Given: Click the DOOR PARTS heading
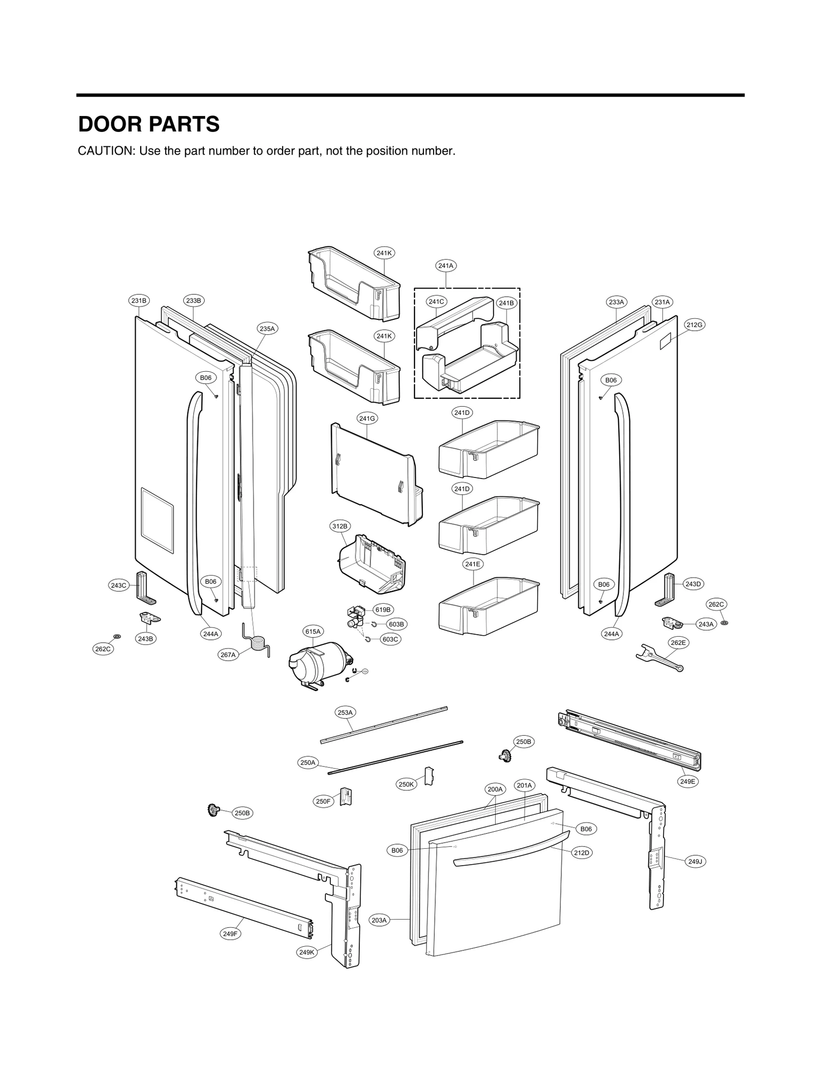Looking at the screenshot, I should click(149, 125).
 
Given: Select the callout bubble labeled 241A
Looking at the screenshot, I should click(446, 265).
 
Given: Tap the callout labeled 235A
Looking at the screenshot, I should click(267, 329).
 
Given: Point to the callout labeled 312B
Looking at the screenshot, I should click(339, 526).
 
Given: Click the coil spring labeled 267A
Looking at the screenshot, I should click(259, 644).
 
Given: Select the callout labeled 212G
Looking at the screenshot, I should click(694, 324).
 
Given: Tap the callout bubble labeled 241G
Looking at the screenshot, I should click(367, 418).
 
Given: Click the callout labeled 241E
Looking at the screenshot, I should click(472, 564).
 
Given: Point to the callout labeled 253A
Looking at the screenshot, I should click(345, 712).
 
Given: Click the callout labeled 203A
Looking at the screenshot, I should click(379, 920).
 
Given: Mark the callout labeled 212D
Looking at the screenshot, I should click(582, 853).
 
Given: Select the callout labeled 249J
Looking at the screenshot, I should click(695, 862).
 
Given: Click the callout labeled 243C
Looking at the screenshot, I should click(119, 585).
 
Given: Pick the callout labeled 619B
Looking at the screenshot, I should click(383, 610).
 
